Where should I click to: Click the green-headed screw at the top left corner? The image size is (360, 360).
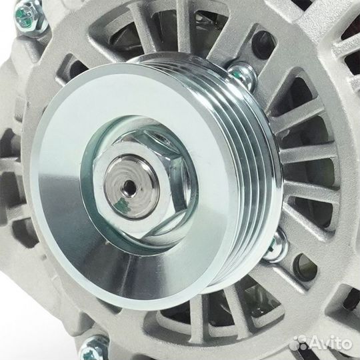coord(31,15)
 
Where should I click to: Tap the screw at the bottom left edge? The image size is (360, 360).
coord(97,346)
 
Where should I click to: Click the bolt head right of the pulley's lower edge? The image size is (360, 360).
coord(275,245)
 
